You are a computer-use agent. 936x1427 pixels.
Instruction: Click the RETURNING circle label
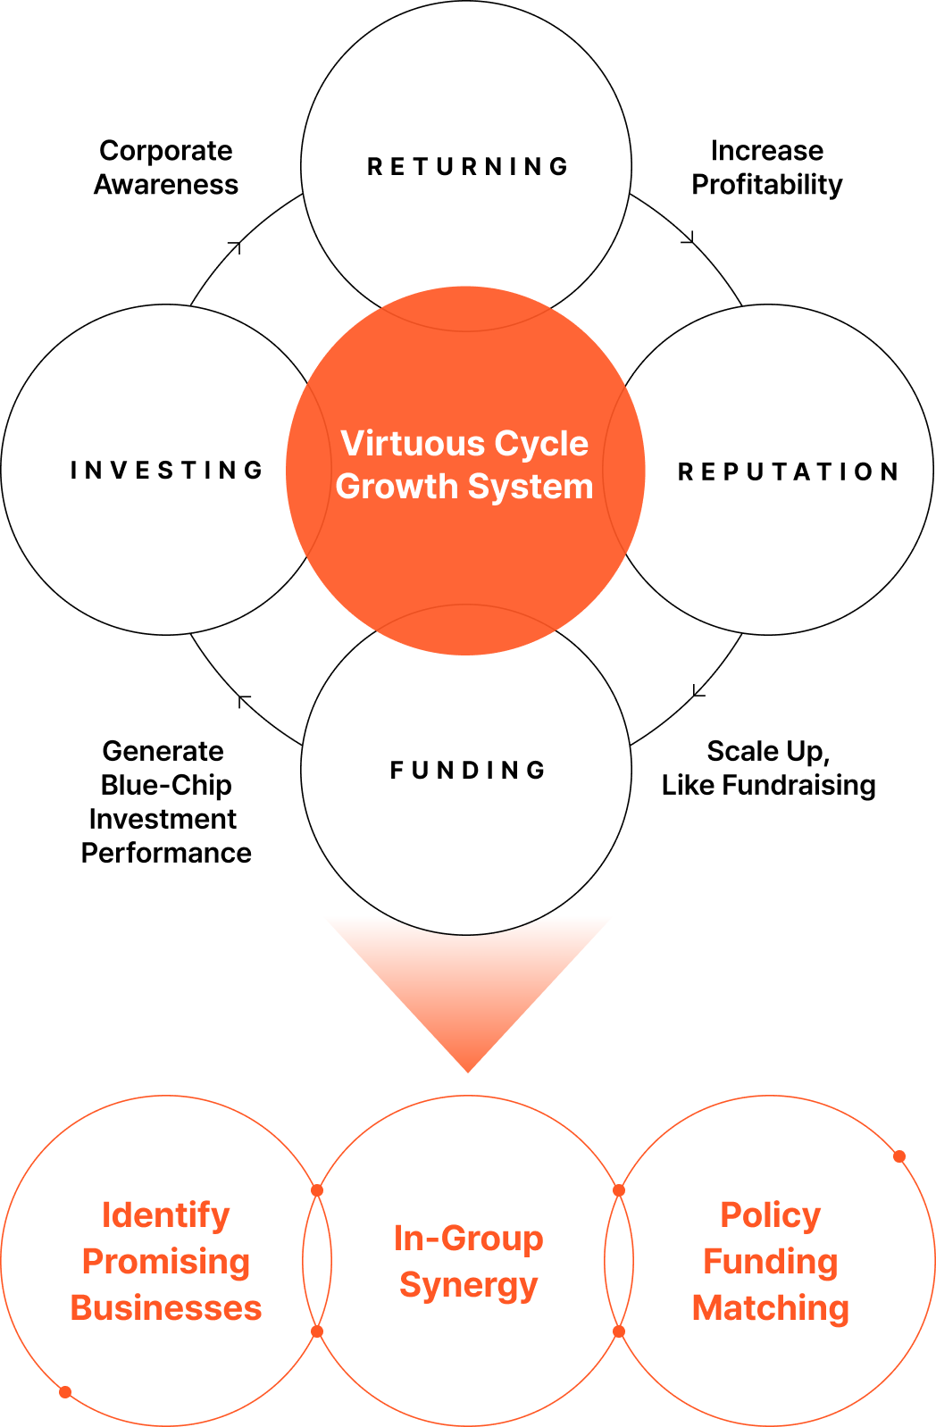[x=468, y=167]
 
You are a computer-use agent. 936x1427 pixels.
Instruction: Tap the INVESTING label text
[x=167, y=471]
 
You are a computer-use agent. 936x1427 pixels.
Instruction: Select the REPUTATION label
[x=788, y=471]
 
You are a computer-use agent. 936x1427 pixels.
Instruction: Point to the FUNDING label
[x=468, y=771]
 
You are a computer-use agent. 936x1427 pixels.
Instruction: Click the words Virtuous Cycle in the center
[x=464, y=444]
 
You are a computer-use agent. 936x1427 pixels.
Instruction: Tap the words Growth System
[x=464, y=487]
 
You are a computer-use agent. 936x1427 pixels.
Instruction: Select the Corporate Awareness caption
[x=166, y=167]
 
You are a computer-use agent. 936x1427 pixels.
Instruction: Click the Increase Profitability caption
[x=767, y=167]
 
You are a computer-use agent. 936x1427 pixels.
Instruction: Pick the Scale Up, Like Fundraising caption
[x=768, y=768]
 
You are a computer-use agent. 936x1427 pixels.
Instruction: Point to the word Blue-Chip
[x=166, y=785]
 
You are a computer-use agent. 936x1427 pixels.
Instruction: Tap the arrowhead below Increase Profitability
[x=689, y=238]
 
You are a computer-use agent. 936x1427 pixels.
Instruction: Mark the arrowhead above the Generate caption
[x=242, y=700]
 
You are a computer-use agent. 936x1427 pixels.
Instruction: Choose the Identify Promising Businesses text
[x=166, y=1261]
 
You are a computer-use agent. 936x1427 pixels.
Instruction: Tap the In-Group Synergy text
[x=468, y=1261]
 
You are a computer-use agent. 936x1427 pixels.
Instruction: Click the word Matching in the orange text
[x=770, y=1308]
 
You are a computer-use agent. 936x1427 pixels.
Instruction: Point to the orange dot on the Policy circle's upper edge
[x=899, y=1156]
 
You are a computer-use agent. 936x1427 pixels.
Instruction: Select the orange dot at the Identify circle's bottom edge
[x=65, y=1392]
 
